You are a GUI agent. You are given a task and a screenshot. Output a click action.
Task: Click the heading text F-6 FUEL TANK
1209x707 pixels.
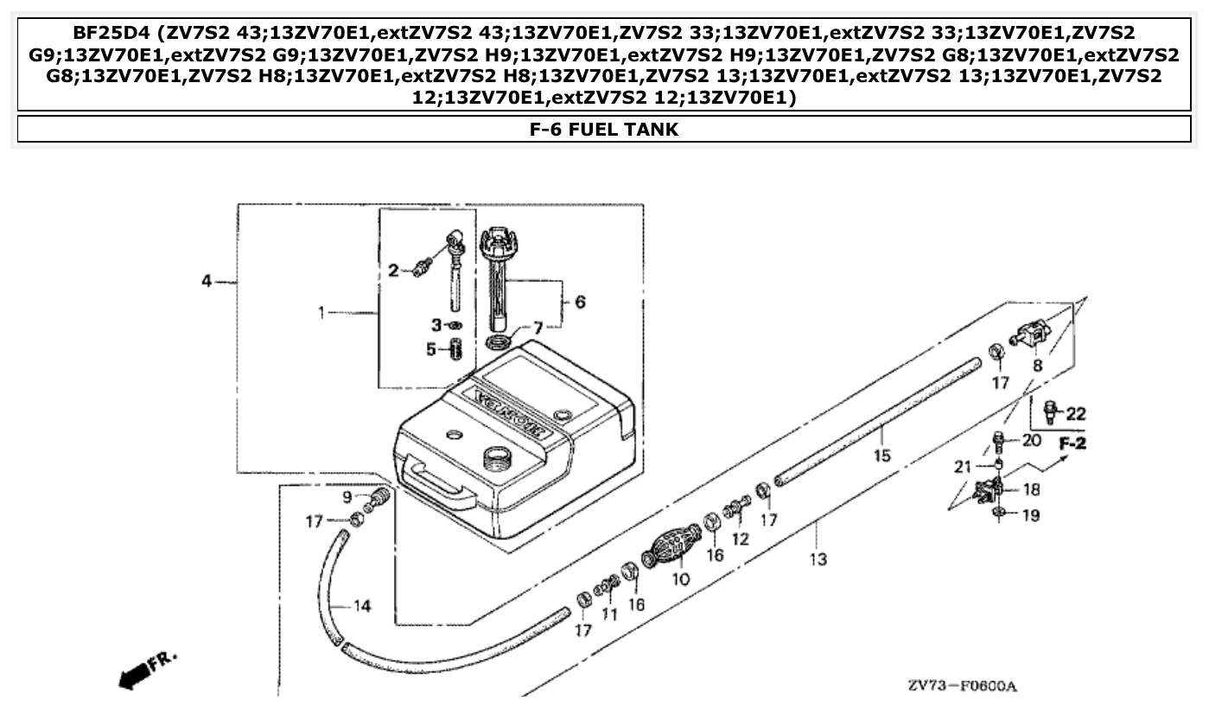604,130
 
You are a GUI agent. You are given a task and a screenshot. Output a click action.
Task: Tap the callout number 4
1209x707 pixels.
207,282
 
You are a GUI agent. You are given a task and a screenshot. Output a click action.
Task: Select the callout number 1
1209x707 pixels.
321,312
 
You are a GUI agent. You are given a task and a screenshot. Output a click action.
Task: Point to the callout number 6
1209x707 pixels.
580,302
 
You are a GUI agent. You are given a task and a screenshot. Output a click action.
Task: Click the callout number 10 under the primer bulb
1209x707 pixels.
681,579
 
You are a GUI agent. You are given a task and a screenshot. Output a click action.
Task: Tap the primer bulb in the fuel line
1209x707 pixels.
671,548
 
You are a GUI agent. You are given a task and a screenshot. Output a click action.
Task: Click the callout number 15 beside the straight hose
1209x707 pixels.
881,455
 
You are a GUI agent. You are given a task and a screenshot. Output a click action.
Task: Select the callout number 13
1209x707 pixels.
818,559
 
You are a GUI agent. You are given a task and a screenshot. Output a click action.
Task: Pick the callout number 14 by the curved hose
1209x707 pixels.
362,607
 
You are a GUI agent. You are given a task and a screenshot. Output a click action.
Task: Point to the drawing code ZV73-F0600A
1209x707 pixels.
962,686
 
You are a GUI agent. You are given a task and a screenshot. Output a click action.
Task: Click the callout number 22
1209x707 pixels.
1075,414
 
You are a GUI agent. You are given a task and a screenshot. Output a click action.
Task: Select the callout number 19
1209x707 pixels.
1030,516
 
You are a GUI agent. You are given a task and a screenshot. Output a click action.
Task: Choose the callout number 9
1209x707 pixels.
347,497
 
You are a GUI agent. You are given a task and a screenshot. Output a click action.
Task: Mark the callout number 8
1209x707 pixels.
1038,366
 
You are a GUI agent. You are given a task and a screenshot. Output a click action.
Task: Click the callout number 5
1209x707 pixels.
431,350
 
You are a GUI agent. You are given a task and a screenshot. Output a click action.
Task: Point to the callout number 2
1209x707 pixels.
393,271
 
